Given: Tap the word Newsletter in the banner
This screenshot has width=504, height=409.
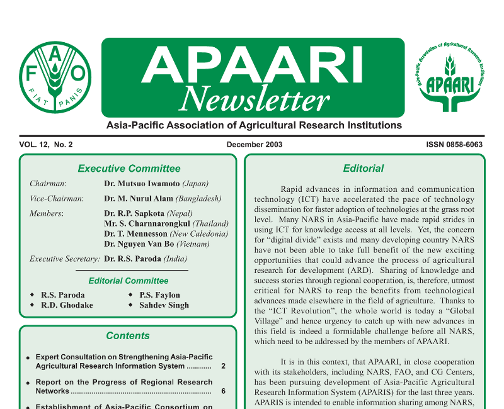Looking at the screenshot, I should click(x=254, y=98).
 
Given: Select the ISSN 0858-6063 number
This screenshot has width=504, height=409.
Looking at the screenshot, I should click(x=454, y=145).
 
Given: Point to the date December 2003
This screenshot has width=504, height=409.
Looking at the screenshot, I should click(x=255, y=145).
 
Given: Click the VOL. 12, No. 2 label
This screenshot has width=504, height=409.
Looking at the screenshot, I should click(x=46, y=145).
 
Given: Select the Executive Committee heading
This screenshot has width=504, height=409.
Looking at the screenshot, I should click(x=129, y=169).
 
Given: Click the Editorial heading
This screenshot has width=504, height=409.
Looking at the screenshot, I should click(x=364, y=169).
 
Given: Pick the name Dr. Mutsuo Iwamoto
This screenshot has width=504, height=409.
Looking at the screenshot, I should click(x=142, y=184).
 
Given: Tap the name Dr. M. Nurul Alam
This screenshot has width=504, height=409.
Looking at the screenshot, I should click(x=138, y=199).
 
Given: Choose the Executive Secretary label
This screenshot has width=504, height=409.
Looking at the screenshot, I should click(x=65, y=259).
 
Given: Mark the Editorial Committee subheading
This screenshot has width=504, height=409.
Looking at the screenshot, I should click(x=129, y=281).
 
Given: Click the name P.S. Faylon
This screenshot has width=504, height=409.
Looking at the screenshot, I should click(x=159, y=295).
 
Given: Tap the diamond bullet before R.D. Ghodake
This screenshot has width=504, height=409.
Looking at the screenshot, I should click(x=33, y=305).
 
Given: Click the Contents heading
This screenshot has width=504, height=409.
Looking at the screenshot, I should click(x=128, y=335).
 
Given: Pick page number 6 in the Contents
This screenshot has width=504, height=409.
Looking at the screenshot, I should click(x=224, y=391).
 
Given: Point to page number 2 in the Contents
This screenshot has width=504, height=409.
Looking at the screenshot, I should click(x=224, y=366).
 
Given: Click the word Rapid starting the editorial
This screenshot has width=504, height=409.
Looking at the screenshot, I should click(x=292, y=189).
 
